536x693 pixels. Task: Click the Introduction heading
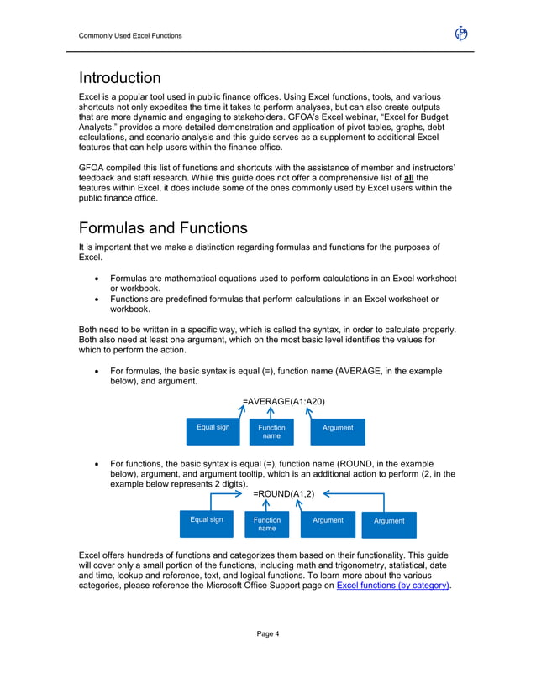click(119, 78)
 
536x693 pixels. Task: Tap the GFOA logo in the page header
click(461, 34)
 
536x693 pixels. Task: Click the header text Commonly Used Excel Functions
click(129, 35)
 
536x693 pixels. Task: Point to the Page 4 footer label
click(268, 633)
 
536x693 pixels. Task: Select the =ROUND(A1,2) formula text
click(283, 494)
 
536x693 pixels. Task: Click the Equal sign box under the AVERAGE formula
click(213, 429)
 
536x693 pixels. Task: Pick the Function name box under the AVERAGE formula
click(271, 431)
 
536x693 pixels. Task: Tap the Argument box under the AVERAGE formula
click(338, 429)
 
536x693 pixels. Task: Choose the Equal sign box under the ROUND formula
click(207, 521)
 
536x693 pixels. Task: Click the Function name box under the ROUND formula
click(266, 524)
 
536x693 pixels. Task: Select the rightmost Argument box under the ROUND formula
click(389, 522)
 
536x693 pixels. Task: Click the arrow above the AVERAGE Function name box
click(271, 412)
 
